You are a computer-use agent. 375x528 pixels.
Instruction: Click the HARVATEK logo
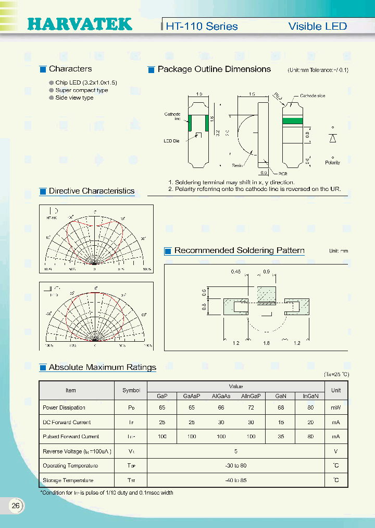pos(80,24)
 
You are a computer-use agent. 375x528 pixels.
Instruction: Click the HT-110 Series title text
pos(202,26)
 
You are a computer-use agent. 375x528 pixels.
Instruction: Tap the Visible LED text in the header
pos(317,26)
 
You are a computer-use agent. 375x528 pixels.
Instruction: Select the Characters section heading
pos(70,69)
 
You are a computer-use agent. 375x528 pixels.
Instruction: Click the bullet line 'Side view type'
pos(74,98)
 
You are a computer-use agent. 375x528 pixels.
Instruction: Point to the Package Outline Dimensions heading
pos(214,69)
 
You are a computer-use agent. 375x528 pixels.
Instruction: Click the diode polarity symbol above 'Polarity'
pos(333,138)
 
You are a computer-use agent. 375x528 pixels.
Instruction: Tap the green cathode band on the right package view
pos(292,120)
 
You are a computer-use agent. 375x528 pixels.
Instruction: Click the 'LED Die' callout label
pos(172,141)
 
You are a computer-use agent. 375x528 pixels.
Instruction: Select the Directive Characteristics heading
pos(91,191)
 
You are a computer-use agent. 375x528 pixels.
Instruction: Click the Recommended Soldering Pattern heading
pos(239,250)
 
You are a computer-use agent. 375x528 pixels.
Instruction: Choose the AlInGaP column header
pos(251,396)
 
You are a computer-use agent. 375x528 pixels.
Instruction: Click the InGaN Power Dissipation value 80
pos(311,407)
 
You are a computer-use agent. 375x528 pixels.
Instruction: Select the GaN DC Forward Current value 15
pos(281,422)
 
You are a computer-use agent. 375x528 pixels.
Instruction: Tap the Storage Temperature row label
pos(68,480)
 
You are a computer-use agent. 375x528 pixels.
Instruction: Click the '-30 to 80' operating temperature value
pos(236,465)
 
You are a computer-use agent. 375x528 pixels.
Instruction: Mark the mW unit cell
pos(336,407)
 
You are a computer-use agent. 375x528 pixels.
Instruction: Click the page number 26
pos(16,506)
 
